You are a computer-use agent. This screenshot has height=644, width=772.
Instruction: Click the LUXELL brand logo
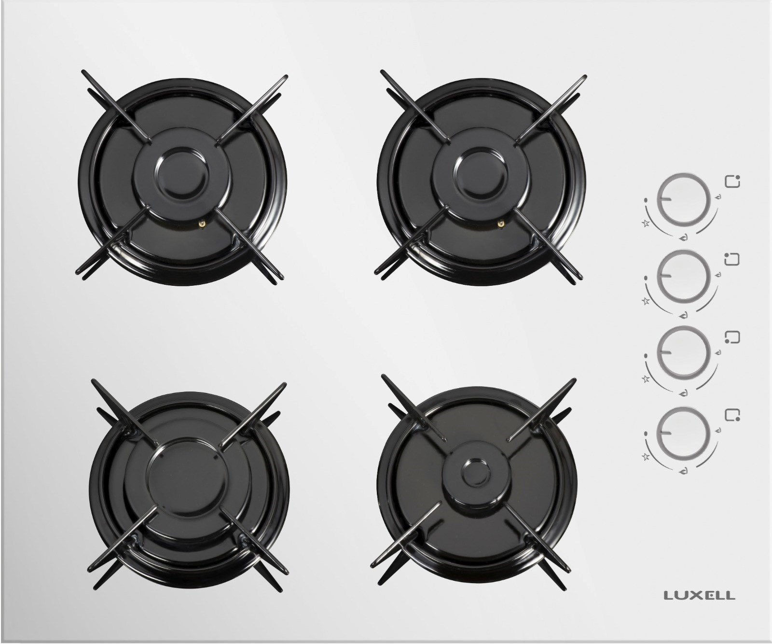[700, 595]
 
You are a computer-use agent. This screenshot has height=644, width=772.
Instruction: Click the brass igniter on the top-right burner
[501, 223]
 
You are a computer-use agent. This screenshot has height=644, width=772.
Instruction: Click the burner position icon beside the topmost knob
[732, 182]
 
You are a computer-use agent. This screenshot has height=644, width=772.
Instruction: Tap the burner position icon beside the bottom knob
[732, 415]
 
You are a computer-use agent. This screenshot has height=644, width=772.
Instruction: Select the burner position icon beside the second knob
[732, 259]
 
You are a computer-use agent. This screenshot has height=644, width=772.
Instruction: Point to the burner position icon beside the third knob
[732, 336]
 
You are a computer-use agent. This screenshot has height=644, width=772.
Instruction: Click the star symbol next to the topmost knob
[645, 223]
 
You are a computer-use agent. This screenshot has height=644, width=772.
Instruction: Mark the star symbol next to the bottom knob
[645, 456]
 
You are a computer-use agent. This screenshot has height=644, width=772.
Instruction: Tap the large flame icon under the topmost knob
[683, 238]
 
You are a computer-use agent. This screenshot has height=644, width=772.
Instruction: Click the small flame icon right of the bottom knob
[719, 430]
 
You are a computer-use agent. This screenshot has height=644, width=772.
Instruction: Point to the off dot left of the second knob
[646, 279]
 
